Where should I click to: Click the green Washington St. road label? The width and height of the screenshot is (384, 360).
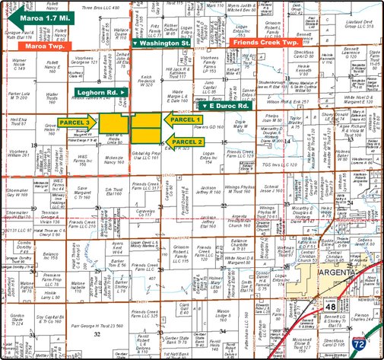tap(162, 44)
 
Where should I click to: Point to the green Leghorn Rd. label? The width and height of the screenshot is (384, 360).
tap(100, 93)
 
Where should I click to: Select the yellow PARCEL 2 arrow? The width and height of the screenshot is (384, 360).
tap(186, 142)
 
